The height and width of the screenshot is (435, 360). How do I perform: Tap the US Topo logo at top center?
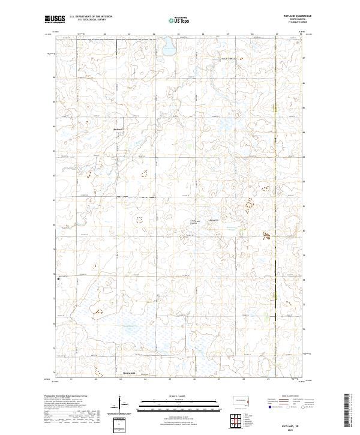[178, 19]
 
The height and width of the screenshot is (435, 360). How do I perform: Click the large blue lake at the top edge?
[167, 45]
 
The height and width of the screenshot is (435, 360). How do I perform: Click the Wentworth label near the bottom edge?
[130, 373]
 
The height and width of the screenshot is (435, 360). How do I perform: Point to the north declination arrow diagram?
[121, 403]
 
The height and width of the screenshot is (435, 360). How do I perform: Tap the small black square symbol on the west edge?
[58, 278]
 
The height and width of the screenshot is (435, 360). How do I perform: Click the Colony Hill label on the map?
[193, 222]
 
